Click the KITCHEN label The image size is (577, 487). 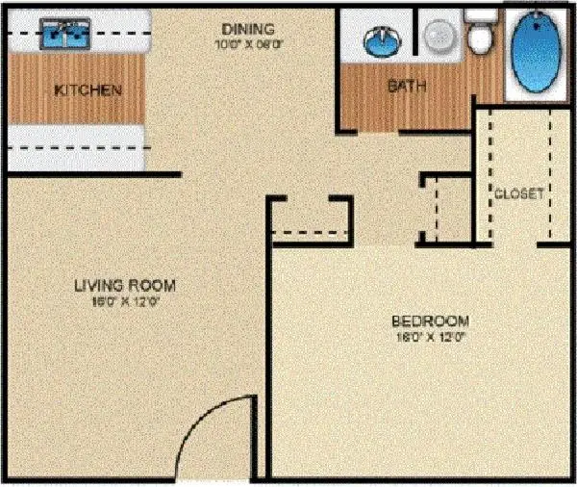tap(88, 90)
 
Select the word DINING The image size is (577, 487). tap(246, 29)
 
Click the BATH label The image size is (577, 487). tap(407, 86)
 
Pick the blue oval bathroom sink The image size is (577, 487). tap(383, 41)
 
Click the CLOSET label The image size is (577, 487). tap(519, 192)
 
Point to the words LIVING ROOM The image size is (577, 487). tap(125, 285)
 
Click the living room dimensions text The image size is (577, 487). tap(125, 301)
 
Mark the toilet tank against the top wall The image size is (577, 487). tap(477, 16)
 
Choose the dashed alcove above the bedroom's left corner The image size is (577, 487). tap(310, 218)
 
